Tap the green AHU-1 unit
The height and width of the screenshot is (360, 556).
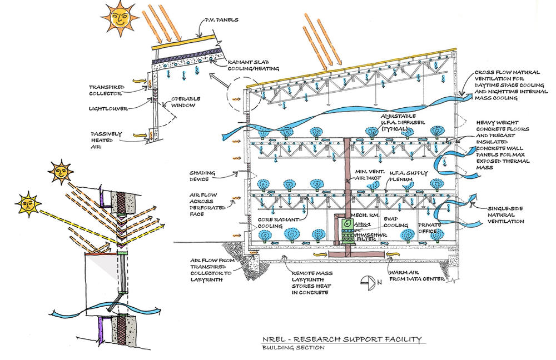345,223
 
